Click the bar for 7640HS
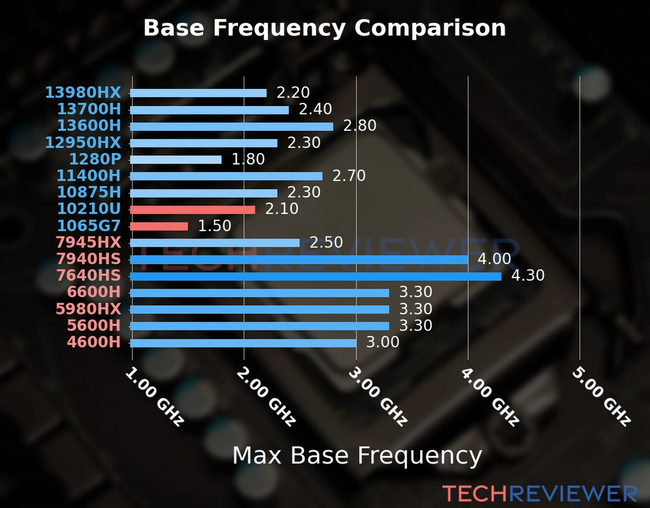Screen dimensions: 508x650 coord(316,276)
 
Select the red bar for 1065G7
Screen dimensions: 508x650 coord(159,226)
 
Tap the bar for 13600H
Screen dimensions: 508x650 coord(231,127)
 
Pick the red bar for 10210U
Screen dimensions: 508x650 coord(193,210)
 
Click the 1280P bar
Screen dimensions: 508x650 coord(176,160)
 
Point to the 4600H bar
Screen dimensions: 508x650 coord(243,343)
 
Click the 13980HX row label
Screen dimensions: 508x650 coord(83,92)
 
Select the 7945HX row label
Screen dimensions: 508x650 coord(88,242)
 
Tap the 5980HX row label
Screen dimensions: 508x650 coord(88,309)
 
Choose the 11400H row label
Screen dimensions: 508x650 coord(89,175)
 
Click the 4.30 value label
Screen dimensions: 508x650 coord(528,276)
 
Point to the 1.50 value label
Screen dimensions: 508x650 coord(215,226)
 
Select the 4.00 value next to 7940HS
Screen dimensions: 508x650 coord(494,259)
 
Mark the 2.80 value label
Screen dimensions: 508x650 coord(360,126)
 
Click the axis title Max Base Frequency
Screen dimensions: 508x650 coord(357,456)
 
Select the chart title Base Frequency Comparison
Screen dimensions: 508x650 coord(325,28)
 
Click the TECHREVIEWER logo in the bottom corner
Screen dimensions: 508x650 coord(540,494)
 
